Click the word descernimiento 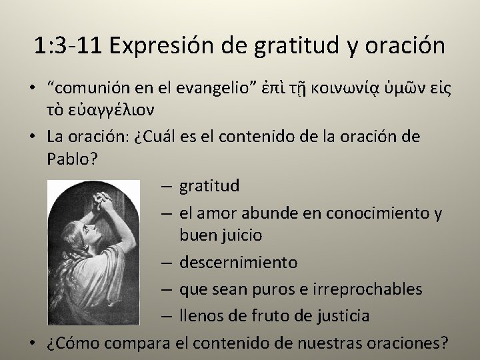237,262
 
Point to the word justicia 346,315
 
